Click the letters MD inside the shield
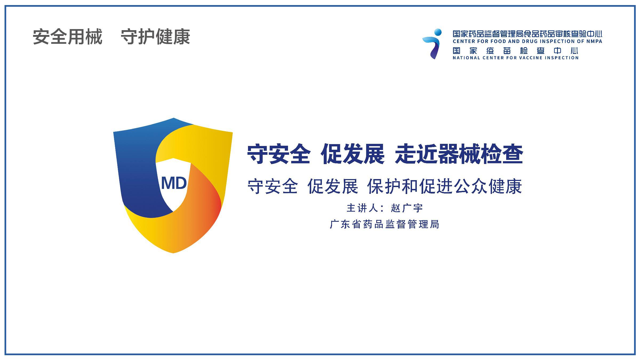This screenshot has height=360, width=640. (174, 183)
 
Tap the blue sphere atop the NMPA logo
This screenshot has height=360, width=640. (438, 33)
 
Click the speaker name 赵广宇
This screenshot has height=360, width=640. (407, 208)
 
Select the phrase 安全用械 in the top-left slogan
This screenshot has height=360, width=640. (67, 37)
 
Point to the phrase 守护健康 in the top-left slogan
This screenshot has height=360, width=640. (155, 37)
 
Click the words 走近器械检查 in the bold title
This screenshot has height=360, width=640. (459, 154)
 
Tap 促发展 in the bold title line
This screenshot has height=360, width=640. (353, 154)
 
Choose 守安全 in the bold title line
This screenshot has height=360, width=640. (279, 154)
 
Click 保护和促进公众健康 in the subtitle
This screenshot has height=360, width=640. (445, 187)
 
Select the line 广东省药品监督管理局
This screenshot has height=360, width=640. (385, 224)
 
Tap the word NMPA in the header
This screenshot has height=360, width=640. (594, 41)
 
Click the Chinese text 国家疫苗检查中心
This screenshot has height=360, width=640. (515, 51)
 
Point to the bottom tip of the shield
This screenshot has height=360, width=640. (173, 253)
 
